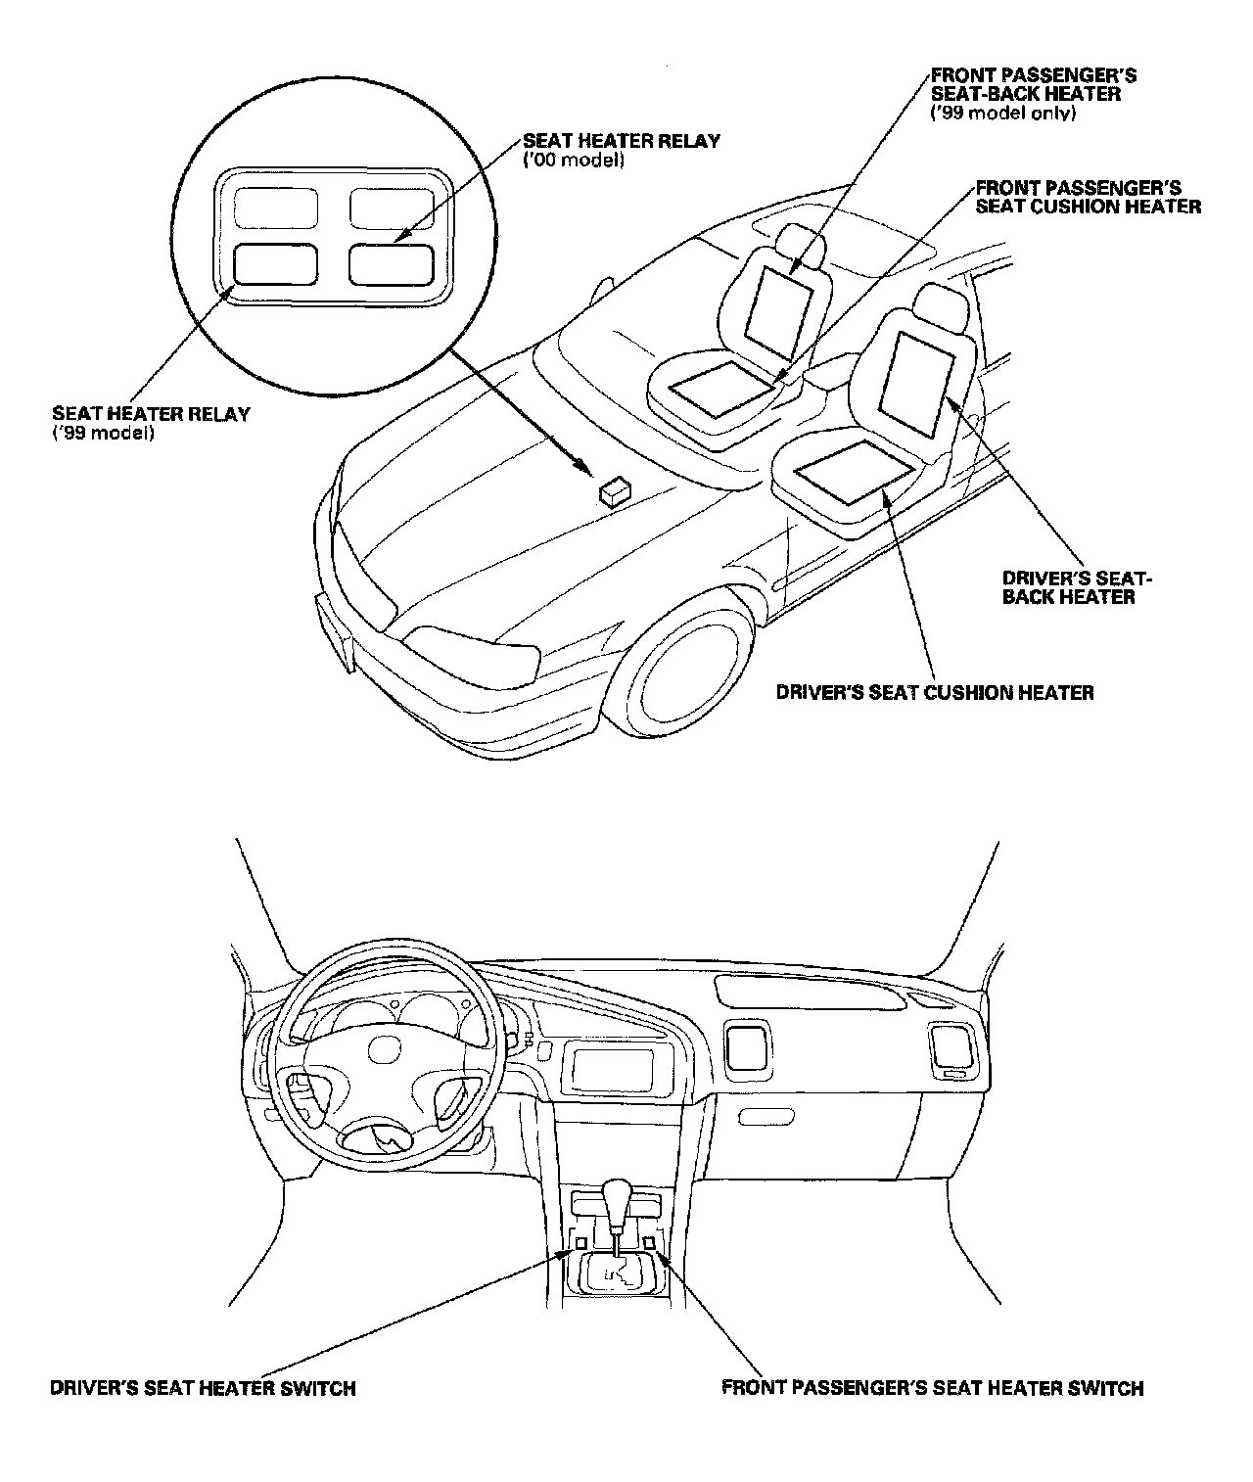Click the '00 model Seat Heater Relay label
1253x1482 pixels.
622,149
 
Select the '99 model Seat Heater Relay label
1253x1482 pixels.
151,422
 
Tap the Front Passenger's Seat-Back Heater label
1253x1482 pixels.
1033,94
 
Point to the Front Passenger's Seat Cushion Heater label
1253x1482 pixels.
1088,197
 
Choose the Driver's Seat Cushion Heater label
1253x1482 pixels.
935,693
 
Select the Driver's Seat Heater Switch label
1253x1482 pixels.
203,1388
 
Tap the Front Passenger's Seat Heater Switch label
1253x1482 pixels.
932,1388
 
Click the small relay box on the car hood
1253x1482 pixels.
615,489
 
